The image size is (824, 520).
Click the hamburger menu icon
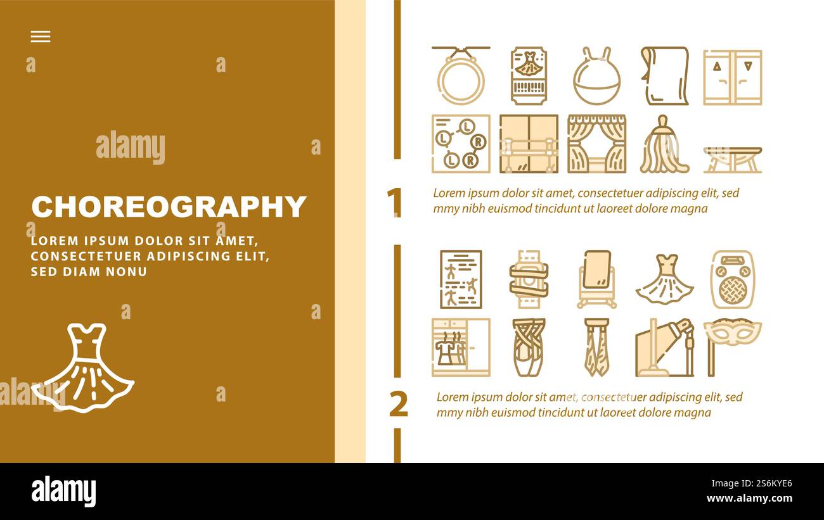(41, 37)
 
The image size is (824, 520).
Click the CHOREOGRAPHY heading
(169, 207)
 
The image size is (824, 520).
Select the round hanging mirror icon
(461, 76)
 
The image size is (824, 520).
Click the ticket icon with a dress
(529, 76)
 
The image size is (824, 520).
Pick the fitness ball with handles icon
(596, 77)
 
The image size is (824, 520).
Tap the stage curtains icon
(596, 144)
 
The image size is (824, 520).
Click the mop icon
(664, 144)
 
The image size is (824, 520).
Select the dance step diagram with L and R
(461, 144)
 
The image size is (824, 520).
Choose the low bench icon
(732, 159)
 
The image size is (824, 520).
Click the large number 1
(394, 203)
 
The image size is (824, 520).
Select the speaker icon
(732, 279)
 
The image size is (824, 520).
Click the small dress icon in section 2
(664, 280)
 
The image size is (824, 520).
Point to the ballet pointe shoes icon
(529, 347)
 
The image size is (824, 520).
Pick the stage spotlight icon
(664, 348)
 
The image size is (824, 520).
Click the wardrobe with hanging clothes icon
(461, 347)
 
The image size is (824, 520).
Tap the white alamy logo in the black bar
(63, 491)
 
